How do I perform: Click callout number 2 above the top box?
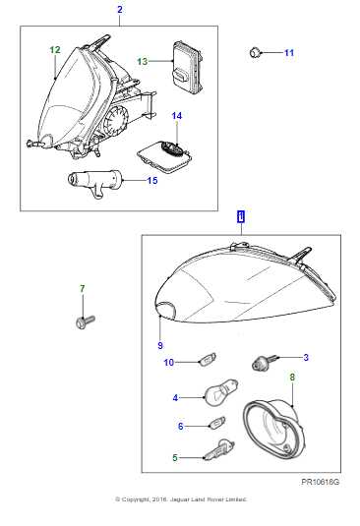(x=120, y=10)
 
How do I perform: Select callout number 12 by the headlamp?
(x=54, y=49)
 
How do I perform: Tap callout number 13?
(x=142, y=61)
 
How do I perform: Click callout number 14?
(x=177, y=116)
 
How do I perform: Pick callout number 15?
(x=152, y=180)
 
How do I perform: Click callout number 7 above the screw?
(x=82, y=288)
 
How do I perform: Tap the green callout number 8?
(x=291, y=377)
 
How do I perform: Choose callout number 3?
(x=306, y=357)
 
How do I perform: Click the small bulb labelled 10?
(x=209, y=360)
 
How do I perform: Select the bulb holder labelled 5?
(x=216, y=451)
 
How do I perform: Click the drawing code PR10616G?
(x=321, y=483)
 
